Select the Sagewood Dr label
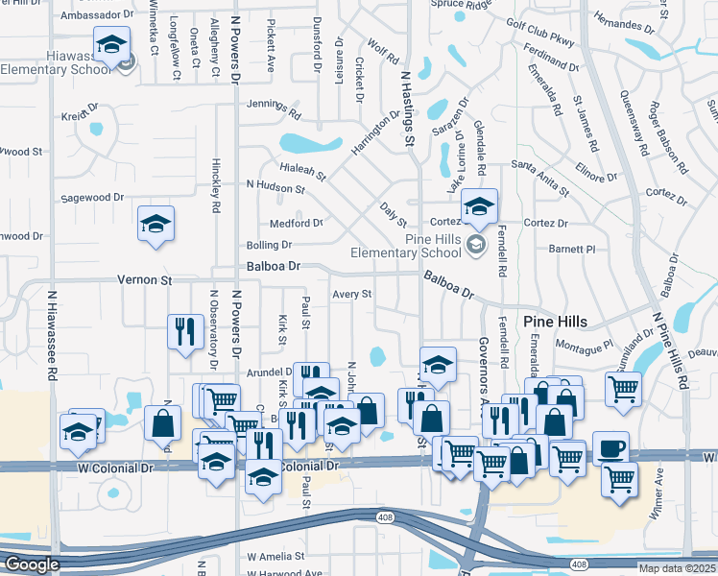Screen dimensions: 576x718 92,197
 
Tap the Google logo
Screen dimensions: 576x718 32,564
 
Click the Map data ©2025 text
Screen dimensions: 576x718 677,568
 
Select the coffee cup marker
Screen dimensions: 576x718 610,447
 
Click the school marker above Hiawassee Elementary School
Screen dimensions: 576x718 112,44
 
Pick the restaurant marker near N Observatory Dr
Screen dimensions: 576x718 182,331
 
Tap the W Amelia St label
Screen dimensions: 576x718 275,557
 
